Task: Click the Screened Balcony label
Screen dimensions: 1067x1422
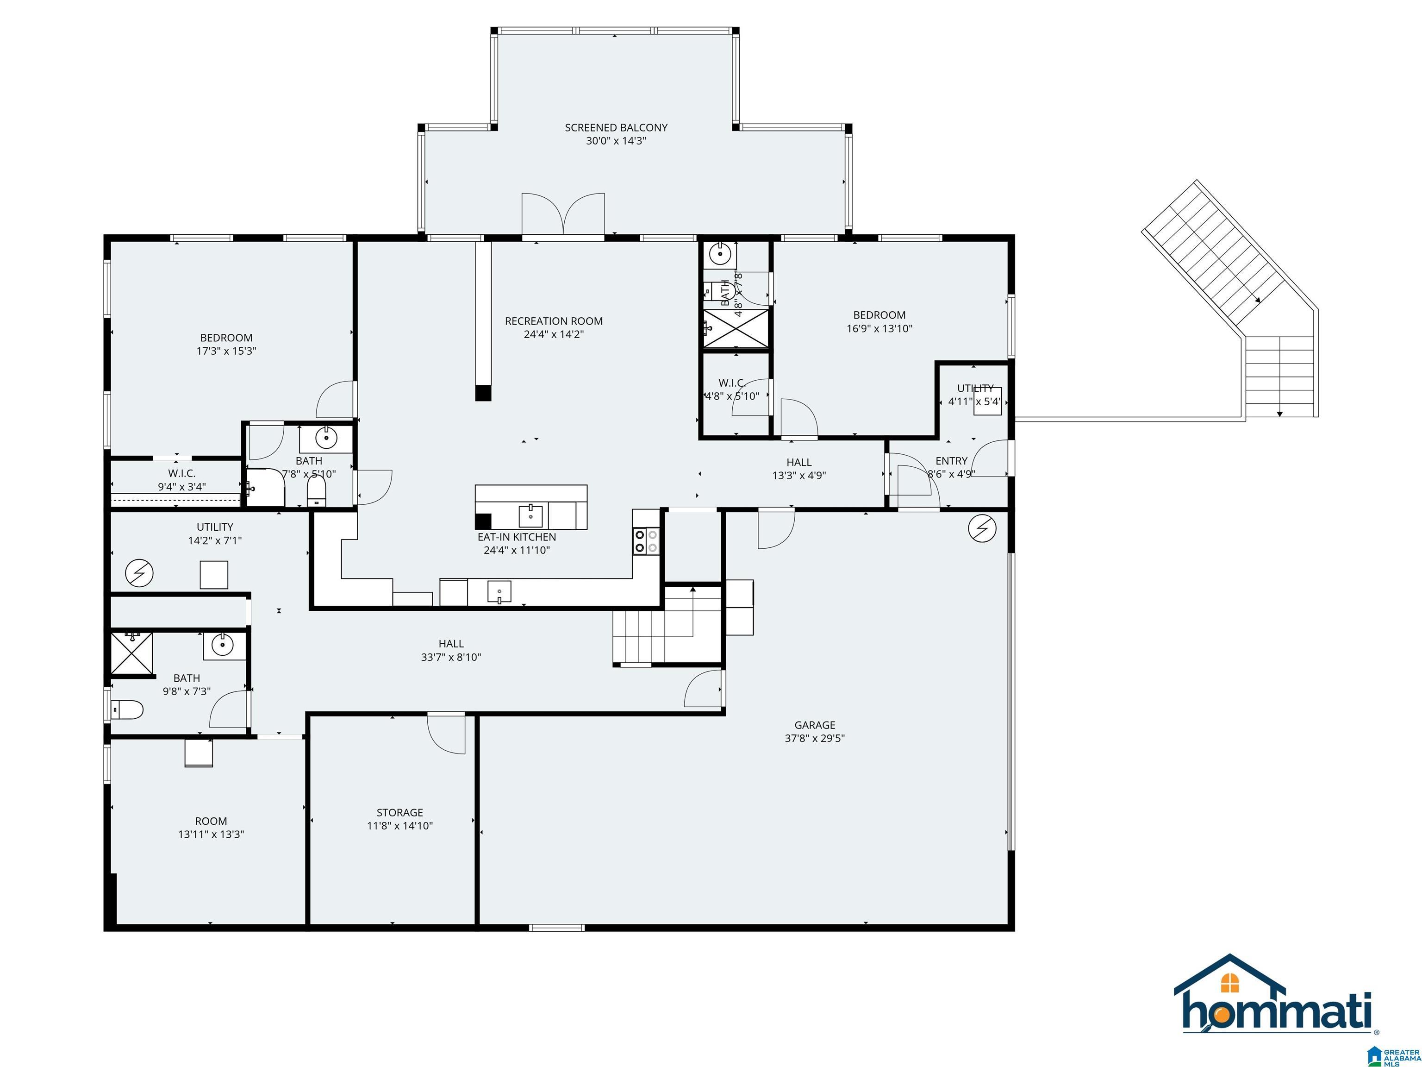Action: (x=616, y=128)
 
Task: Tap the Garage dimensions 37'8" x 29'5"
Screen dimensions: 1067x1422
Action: (x=815, y=738)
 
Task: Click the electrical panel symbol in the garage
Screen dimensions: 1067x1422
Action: (x=982, y=529)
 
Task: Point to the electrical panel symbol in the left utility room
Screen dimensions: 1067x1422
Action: (x=139, y=572)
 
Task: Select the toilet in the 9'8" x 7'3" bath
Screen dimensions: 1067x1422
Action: (x=127, y=710)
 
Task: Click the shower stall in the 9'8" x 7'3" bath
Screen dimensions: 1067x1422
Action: (x=132, y=653)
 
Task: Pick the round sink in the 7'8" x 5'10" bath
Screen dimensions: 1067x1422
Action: (x=327, y=439)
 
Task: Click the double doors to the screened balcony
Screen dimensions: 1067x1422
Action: (x=563, y=215)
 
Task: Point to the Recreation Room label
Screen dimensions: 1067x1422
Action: (x=554, y=321)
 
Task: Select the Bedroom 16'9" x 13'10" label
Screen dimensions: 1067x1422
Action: (x=879, y=315)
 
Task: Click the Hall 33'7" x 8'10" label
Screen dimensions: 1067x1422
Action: (x=451, y=644)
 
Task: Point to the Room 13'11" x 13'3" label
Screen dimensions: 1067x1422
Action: (x=211, y=821)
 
